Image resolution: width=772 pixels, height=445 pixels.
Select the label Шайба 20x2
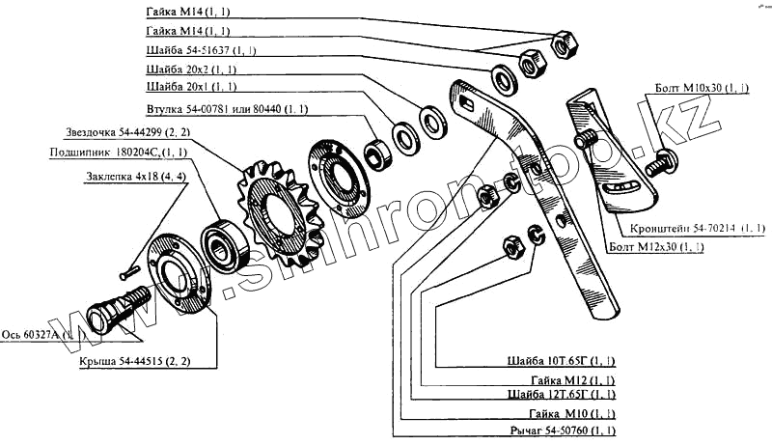(189, 70)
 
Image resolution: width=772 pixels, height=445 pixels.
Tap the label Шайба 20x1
(189, 89)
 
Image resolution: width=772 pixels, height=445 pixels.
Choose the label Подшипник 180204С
(118, 152)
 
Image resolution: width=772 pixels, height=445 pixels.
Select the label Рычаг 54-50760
(561, 428)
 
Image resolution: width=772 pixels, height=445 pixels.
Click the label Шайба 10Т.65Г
(561, 361)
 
